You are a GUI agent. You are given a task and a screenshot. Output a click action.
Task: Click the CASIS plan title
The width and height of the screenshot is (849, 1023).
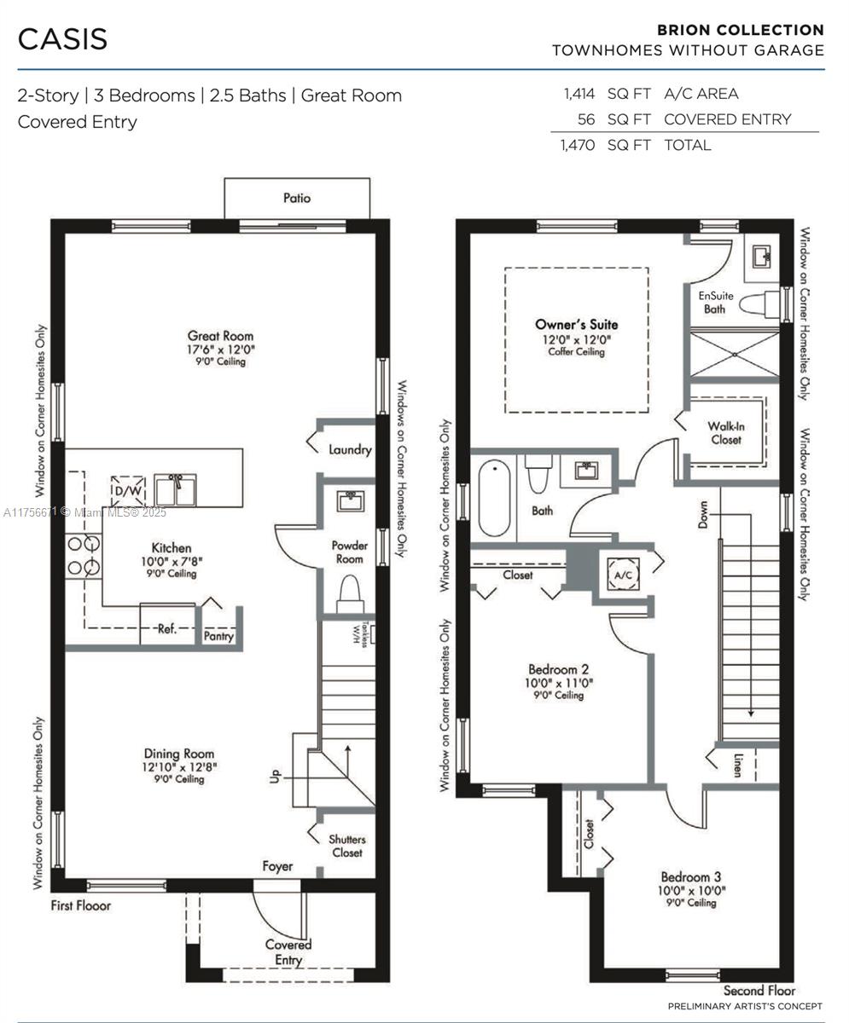tap(62, 39)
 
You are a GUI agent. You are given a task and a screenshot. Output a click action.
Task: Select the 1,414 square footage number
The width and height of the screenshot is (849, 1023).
tap(579, 94)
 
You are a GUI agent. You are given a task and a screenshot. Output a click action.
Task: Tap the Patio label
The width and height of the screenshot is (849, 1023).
tap(297, 198)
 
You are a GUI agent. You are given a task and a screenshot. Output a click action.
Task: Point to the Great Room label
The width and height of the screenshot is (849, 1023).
tap(221, 336)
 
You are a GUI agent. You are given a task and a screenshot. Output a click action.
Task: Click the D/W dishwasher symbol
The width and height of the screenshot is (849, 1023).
tap(128, 490)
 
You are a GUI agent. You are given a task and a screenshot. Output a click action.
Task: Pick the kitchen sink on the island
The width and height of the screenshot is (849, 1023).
tap(175, 489)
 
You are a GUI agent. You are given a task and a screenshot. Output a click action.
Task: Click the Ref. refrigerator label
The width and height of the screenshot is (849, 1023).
tap(166, 628)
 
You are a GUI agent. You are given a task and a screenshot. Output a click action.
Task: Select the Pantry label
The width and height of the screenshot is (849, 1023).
tap(218, 636)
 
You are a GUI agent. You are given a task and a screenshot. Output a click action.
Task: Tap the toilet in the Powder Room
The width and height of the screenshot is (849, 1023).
tap(350, 594)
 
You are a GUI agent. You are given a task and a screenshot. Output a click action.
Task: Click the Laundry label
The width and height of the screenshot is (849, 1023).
tap(350, 449)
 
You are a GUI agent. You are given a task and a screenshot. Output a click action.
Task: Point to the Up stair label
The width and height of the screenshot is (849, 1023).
tap(276, 776)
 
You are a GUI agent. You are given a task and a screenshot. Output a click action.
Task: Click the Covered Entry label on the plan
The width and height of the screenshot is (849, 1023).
tap(288, 952)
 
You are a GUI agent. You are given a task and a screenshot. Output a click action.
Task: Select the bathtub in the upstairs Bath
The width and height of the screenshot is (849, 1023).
tap(494, 497)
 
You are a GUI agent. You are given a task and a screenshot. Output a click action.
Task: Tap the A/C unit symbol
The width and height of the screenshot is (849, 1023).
tap(624, 575)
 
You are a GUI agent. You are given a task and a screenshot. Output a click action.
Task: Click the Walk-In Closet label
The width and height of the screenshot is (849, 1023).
tap(726, 433)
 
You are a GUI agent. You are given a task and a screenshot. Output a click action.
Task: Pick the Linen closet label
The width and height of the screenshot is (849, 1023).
tap(737, 766)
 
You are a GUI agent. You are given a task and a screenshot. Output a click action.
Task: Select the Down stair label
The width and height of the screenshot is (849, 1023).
tap(703, 514)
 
